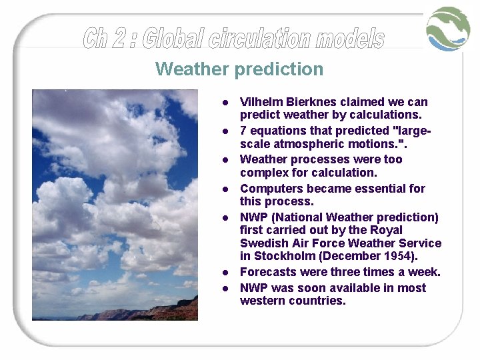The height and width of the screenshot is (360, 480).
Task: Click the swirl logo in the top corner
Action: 448,29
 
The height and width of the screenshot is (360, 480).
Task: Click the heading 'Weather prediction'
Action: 239,69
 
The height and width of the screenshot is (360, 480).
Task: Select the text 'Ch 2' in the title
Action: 107,39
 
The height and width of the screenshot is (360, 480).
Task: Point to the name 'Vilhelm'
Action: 261,102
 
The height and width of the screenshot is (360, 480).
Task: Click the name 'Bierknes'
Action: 310,102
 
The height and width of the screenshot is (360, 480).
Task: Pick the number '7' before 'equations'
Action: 243,131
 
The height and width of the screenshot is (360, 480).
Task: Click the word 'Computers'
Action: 269,189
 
